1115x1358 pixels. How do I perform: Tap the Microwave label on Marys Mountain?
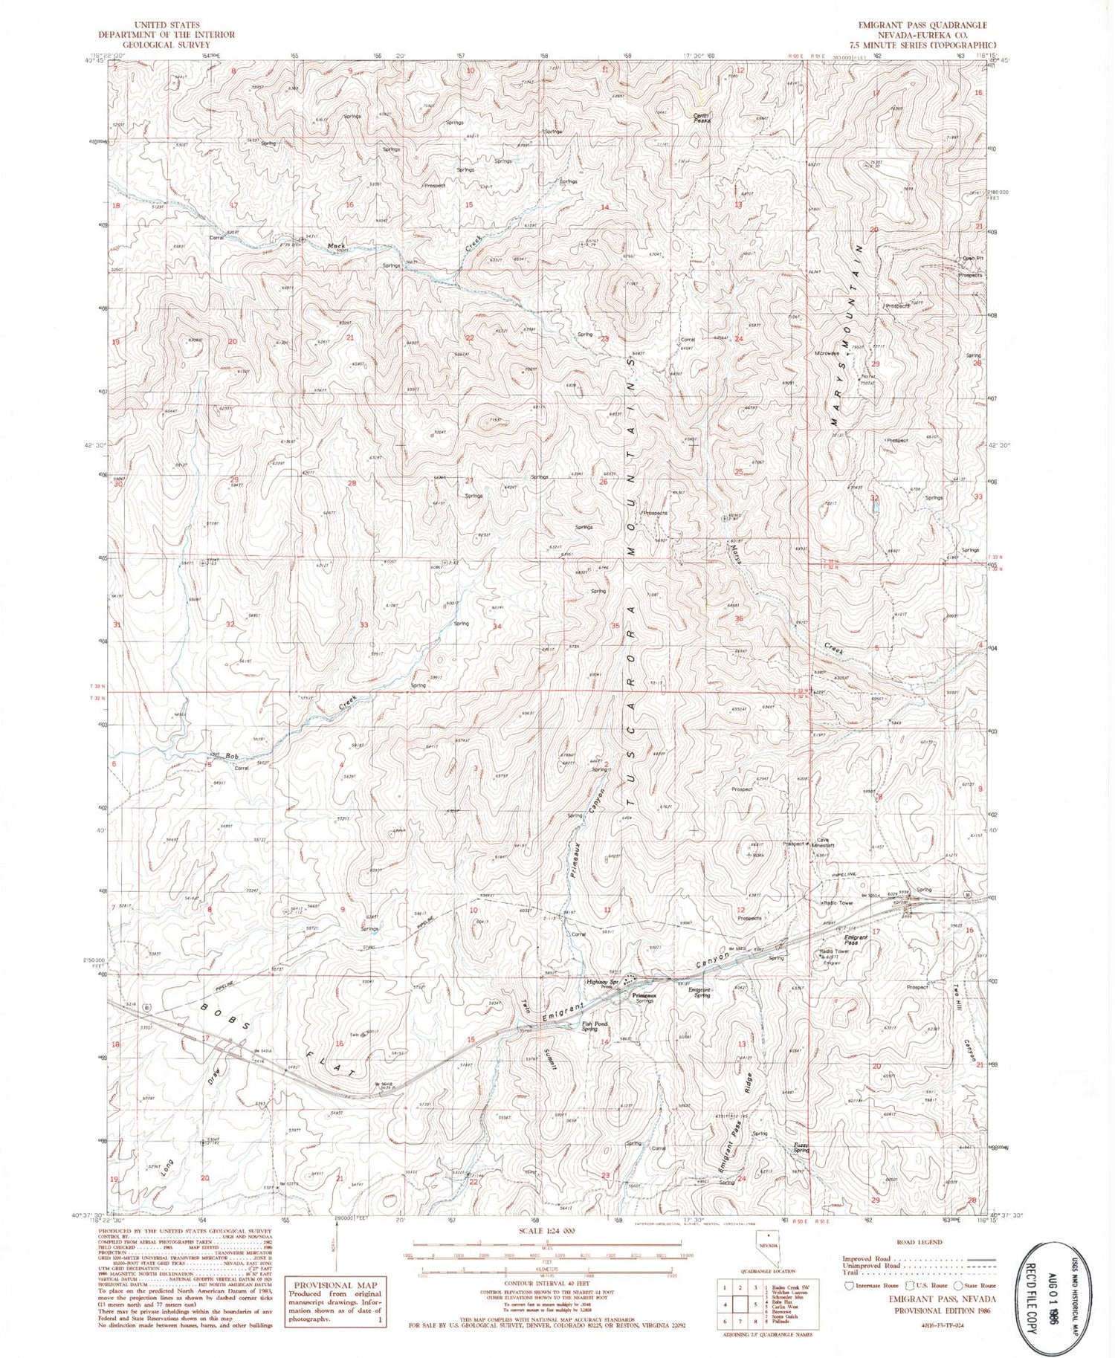point(827,354)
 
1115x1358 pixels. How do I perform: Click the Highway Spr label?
point(603,981)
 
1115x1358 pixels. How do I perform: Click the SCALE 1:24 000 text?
point(548,1231)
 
